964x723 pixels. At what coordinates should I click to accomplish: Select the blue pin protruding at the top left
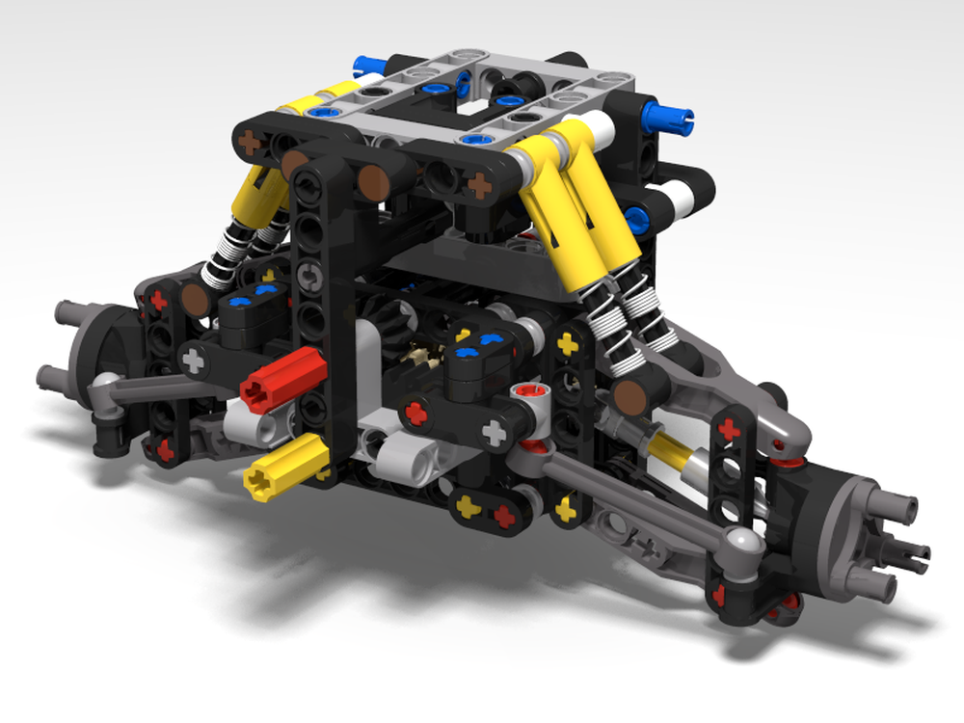(x=369, y=66)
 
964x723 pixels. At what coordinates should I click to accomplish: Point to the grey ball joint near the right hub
(x=742, y=544)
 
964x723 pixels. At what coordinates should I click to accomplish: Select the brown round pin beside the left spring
(x=196, y=299)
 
